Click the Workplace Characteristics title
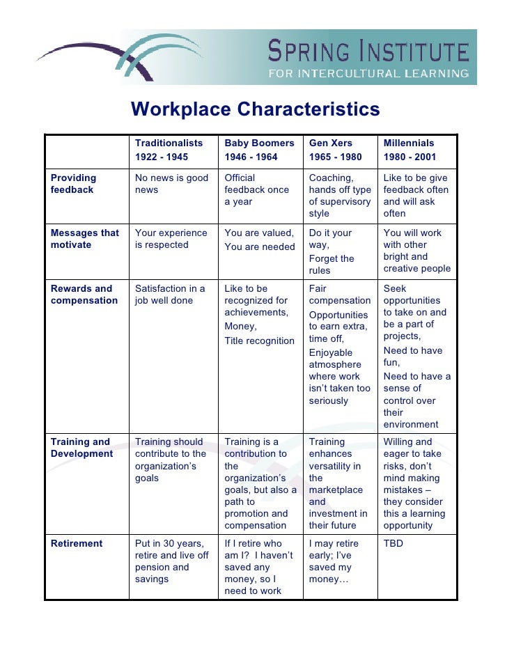(x=256, y=110)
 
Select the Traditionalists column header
(x=169, y=143)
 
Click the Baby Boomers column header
(x=259, y=143)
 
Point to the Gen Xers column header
(x=331, y=143)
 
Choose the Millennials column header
(x=408, y=143)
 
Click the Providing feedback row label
(x=74, y=184)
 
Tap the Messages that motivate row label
(x=85, y=239)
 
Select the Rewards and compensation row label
(x=84, y=295)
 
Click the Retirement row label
(x=77, y=544)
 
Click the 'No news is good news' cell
(x=171, y=184)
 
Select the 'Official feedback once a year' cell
(x=256, y=190)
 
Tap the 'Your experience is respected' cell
(x=171, y=239)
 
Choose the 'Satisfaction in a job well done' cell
(x=170, y=295)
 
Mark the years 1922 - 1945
(x=162, y=157)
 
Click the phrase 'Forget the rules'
(x=331, y=265)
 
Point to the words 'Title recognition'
(x=259, y=341)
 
